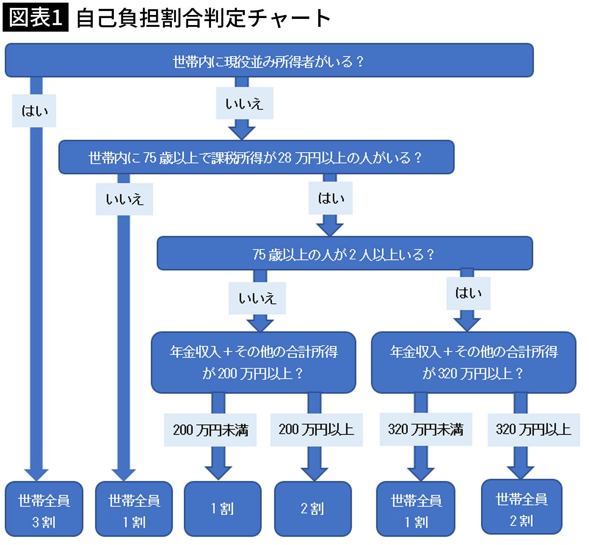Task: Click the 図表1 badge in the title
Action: (35, 18)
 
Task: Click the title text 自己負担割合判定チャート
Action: (203, 18)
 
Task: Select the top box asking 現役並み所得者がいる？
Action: (269, 61)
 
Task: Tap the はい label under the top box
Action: (34, 110)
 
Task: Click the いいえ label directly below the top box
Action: (244, 104)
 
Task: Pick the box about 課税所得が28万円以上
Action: (256, 157)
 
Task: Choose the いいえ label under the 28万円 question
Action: (124, 200)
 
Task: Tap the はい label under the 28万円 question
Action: (331, 199)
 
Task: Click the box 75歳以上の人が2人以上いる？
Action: (344, 254)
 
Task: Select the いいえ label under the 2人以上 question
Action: (257, 298)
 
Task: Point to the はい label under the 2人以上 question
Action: (468, 293)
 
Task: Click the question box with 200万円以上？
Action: (253, 362)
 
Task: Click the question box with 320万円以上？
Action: (473, 362)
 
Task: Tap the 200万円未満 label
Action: (211, 429)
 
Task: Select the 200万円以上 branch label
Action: (316, 429)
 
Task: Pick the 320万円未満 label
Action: (425, 429)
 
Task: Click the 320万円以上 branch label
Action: (533, 429)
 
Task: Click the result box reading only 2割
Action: (313, 509)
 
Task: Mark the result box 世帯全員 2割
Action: (522, 507)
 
